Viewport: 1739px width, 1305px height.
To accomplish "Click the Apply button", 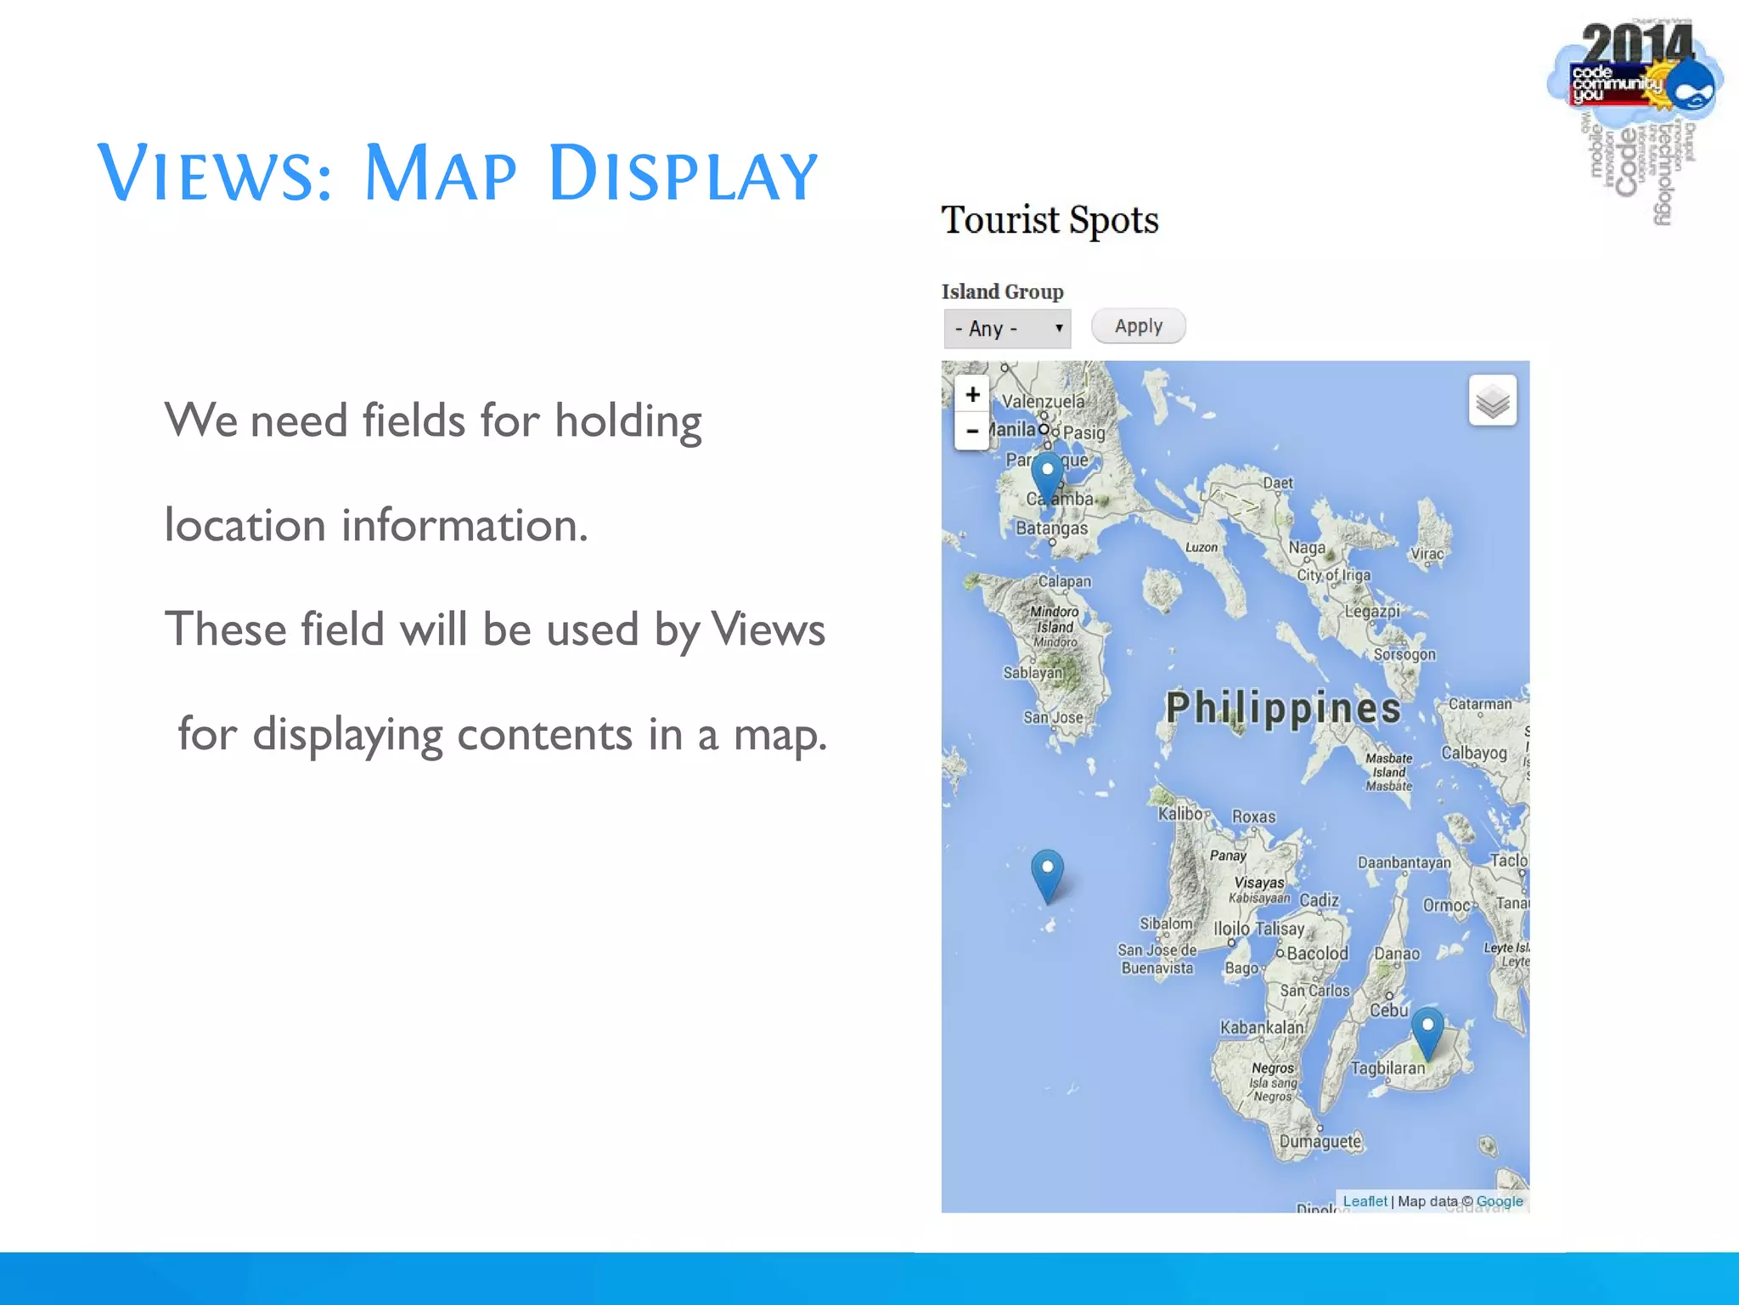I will coord(1138,326).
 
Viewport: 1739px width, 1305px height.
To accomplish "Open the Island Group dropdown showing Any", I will coord(1007,329).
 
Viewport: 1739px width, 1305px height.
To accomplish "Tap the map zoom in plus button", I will coord(972,395).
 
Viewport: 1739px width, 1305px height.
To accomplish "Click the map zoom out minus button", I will coord(972,432).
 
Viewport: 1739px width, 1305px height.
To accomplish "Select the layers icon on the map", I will coord(1492,400).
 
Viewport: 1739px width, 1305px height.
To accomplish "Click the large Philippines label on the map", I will coord(1282,709).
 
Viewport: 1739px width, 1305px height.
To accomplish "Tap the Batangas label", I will coord(1051,528).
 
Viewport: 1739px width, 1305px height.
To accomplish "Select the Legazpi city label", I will coord(1371,611).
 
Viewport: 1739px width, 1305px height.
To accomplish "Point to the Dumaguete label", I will coord(1320,1142).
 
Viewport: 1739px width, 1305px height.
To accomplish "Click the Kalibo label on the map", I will coord(1180,814).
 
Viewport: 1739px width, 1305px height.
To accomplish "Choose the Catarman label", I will coord(1479,704).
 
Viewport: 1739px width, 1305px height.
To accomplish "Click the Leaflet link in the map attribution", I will coord(1365,1201).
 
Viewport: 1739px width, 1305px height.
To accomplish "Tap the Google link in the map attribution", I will coord(1499,1201).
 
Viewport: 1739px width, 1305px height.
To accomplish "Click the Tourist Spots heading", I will coord(1050,220).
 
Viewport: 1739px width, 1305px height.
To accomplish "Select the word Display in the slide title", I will coord(683,174).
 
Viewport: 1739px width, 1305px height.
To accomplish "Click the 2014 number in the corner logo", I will coord(1636,44).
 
